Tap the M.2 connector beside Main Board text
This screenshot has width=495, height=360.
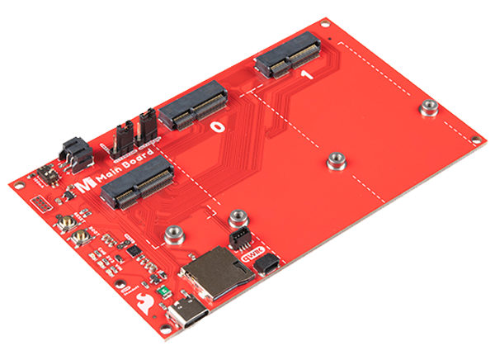(137, 182)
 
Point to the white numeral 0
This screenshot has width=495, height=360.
(217, 128)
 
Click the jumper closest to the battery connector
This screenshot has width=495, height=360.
(121, 135)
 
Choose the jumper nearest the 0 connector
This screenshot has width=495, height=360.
(150, 124)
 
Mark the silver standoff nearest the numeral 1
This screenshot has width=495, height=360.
(427, 108)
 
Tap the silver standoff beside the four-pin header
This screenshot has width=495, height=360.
(238, 217)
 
